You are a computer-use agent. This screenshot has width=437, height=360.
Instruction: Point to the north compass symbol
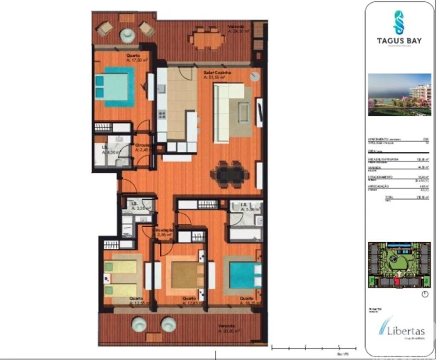coord(425,294)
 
